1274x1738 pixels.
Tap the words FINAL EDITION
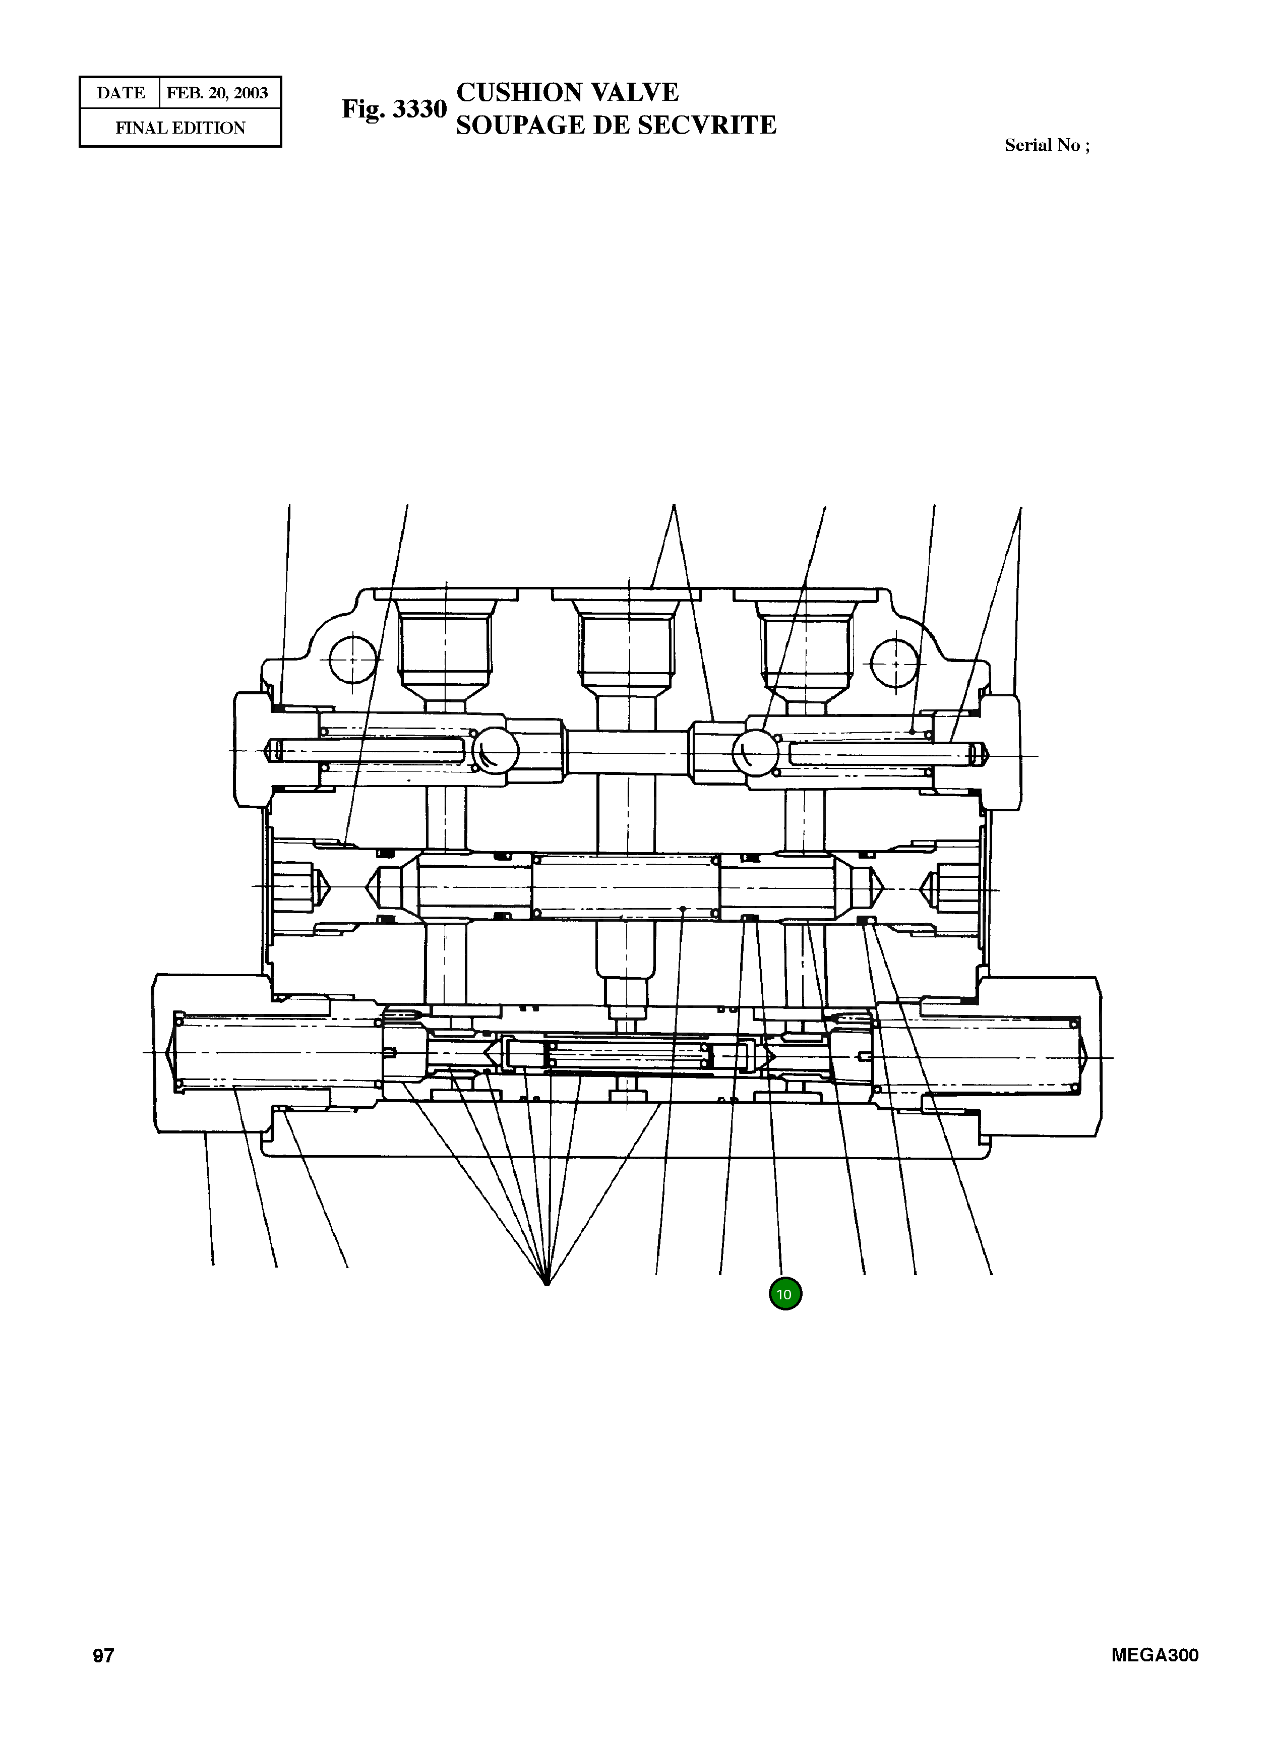(180, 128)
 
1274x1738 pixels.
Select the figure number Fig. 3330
(394, 109)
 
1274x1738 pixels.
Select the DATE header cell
(120, 93)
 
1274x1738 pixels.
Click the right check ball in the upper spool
(756, 752)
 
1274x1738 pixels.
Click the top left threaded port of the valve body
(446, 644)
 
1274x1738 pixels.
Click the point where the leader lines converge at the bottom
(547, 1284)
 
